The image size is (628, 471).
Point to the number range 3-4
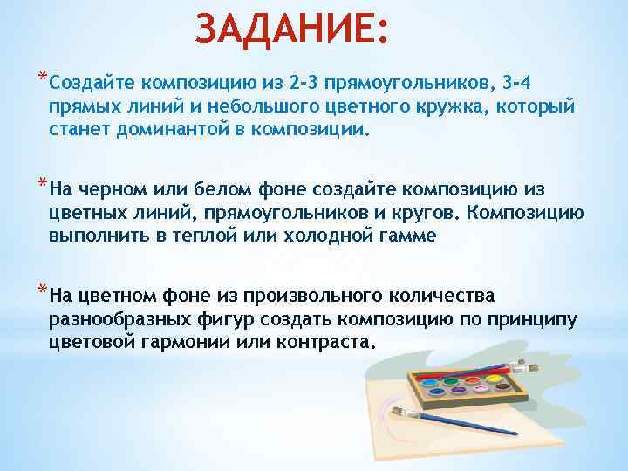click(x=524, y=83)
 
